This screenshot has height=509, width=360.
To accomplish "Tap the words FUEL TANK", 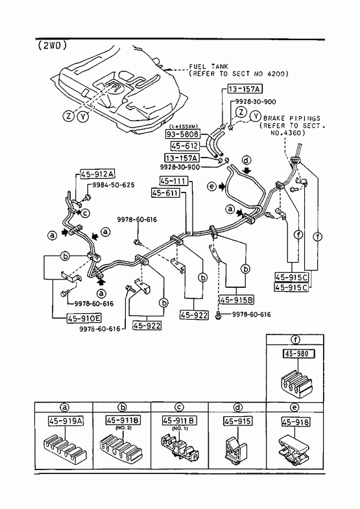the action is (x=208, y=67).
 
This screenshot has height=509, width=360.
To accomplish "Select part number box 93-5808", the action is (x=182, y=134).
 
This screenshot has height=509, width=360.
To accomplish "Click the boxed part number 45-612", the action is (x=184, y=146).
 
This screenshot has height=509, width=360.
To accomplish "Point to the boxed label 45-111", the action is (x=174, y=181).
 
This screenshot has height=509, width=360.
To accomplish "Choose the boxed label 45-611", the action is (x=165, y=193).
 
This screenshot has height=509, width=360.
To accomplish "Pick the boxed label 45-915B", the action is (x=237, y=300).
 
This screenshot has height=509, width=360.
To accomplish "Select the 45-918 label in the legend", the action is (x=295, y=422).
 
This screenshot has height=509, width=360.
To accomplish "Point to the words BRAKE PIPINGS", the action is (x=291, y=118).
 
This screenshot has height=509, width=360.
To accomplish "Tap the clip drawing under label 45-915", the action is (x=236, y=448).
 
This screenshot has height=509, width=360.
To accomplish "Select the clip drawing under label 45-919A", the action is (x=64, y=449).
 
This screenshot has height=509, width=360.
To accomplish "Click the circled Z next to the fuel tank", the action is (x=69, y=115).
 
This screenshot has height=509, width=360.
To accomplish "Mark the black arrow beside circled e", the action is (x=222, y=187).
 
